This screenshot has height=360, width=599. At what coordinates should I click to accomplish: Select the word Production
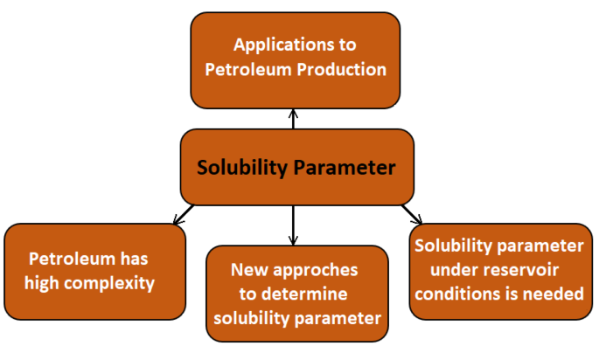tap(343, 69)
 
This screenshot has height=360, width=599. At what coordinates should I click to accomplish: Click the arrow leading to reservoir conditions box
tap(411, 214)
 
